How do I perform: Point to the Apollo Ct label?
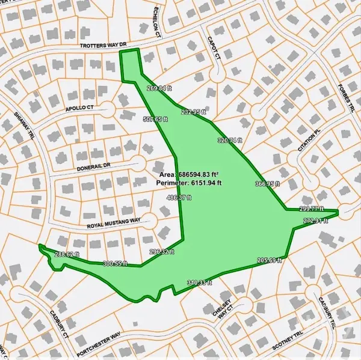(79, 109)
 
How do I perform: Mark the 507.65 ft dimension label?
(154, 119)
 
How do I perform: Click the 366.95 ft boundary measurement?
(268, 184)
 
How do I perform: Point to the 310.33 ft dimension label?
(200, 282)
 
